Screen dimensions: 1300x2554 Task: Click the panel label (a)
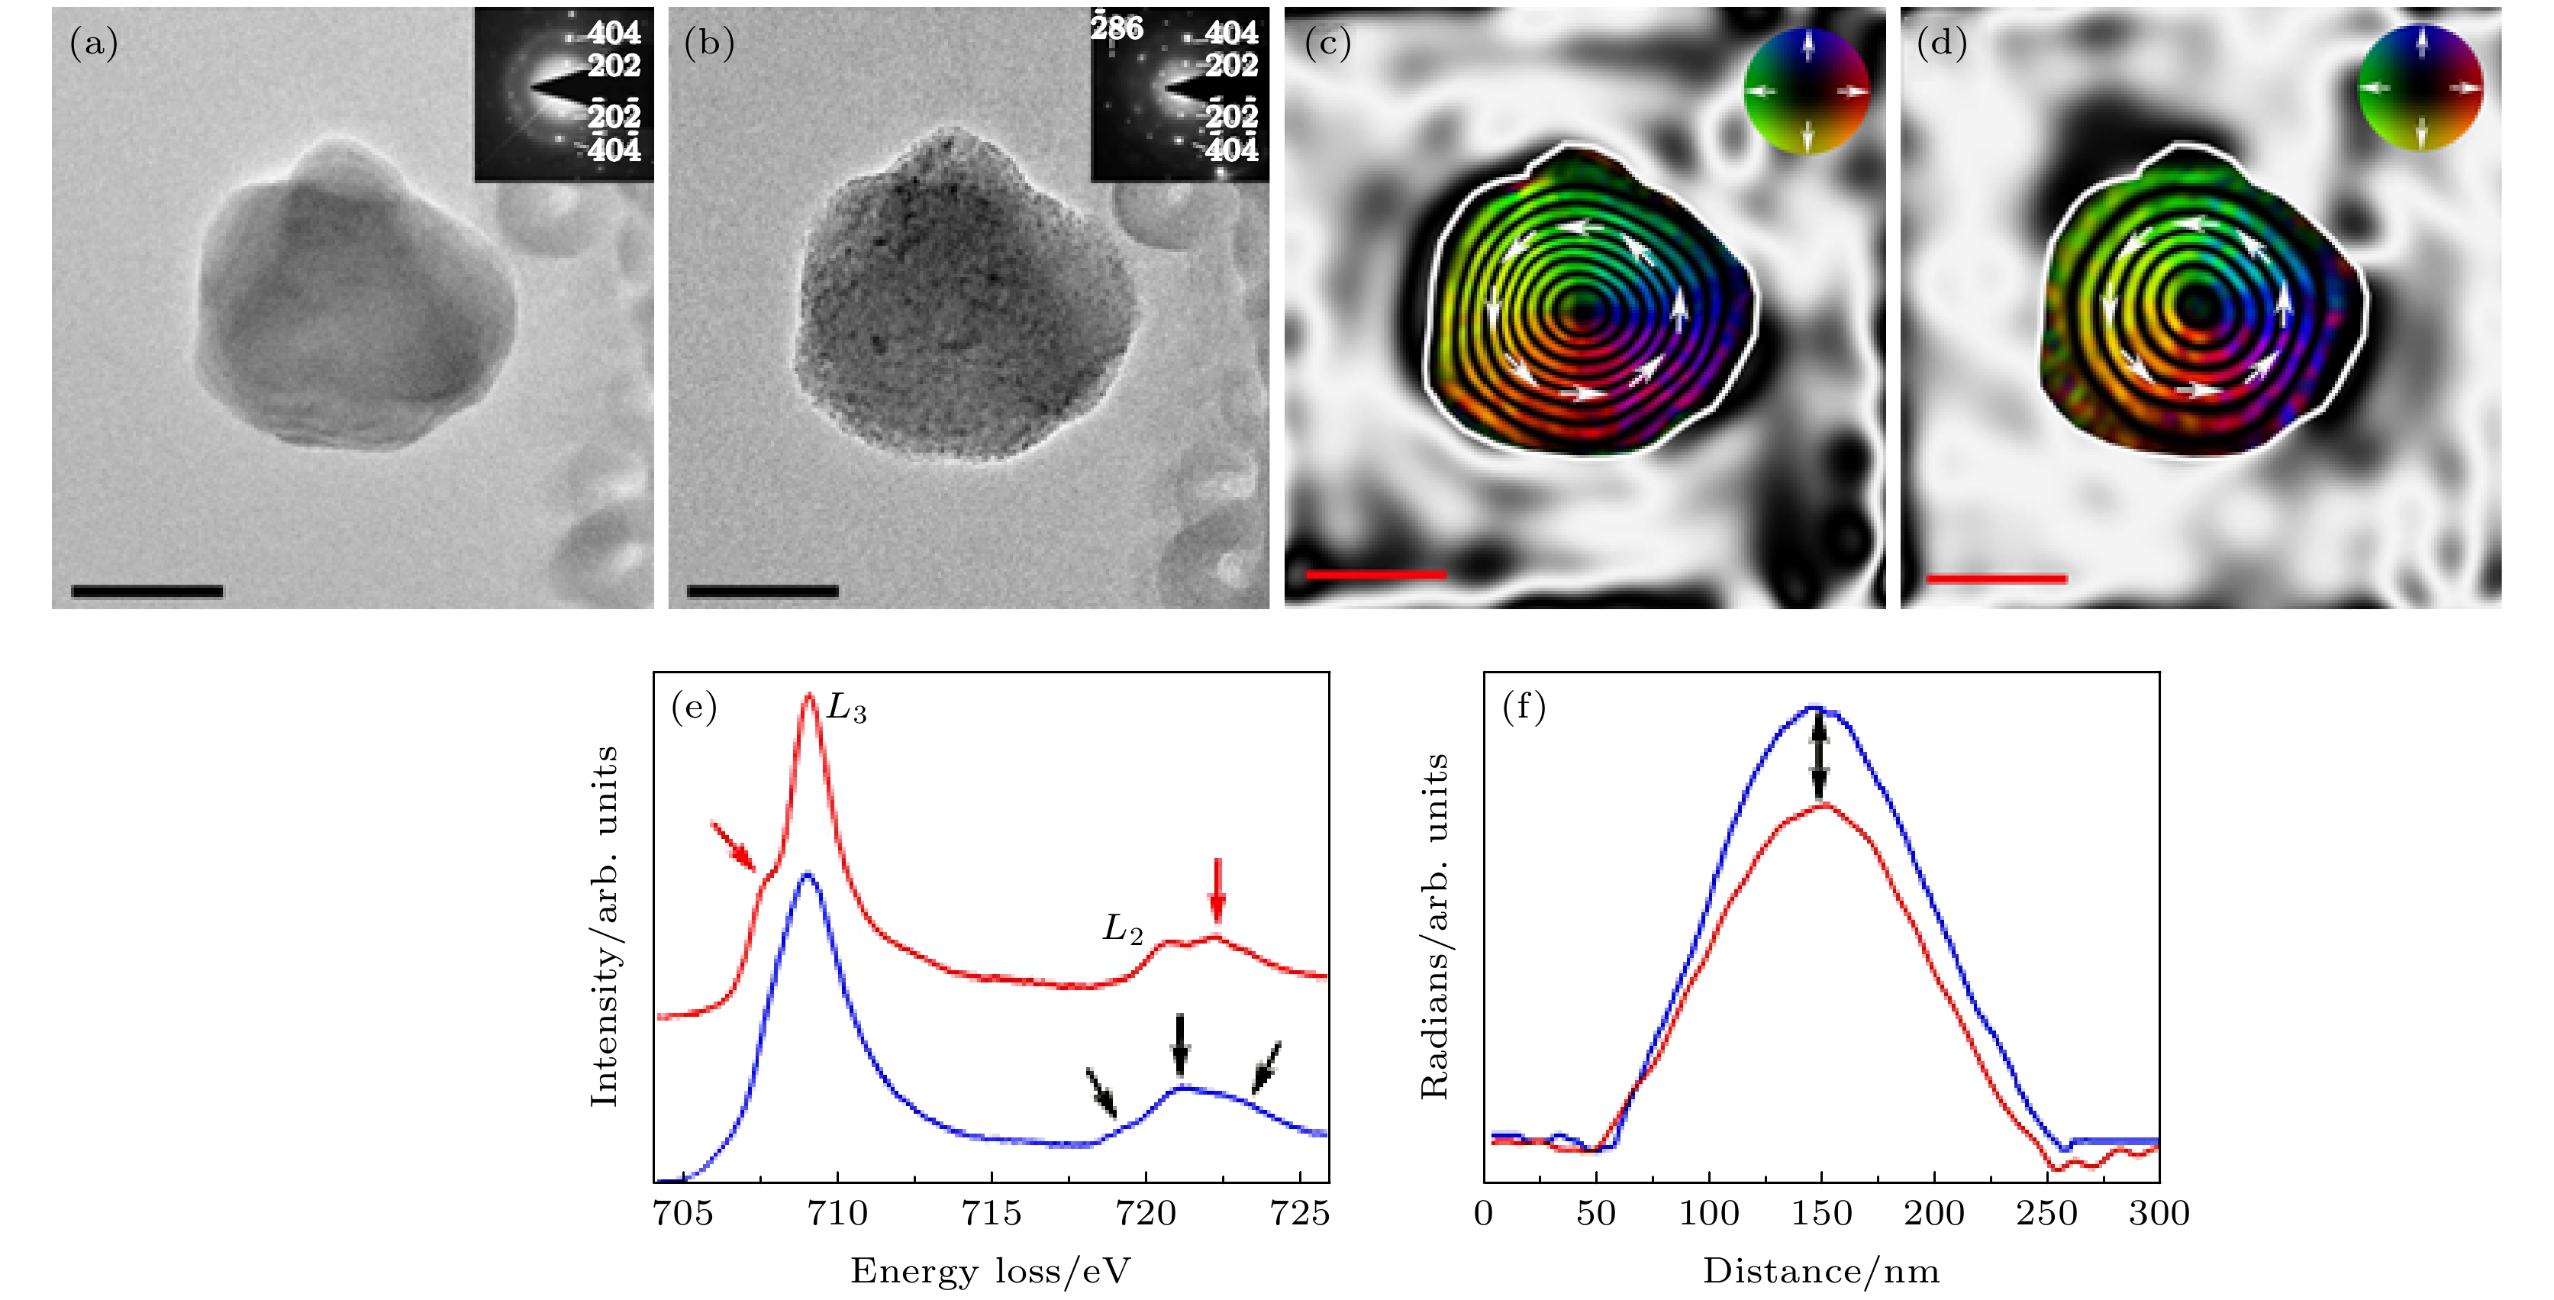[94, 44]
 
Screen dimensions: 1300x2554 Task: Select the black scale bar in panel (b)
[763, 591]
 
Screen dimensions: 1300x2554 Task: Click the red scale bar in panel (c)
[1376, 573]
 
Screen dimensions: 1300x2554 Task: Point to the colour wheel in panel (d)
[2420, 89]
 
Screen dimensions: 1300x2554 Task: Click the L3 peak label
[846, 710]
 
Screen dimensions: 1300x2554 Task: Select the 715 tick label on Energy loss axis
[992, 1213]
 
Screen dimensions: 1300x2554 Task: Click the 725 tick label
[1300, 1213]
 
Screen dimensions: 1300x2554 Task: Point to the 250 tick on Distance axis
[2046, 1213]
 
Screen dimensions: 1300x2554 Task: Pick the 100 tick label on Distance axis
[1709, 1213]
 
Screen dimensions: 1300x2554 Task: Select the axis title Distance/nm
[1820, 1271]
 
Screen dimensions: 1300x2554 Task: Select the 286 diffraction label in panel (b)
[1117, 27]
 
